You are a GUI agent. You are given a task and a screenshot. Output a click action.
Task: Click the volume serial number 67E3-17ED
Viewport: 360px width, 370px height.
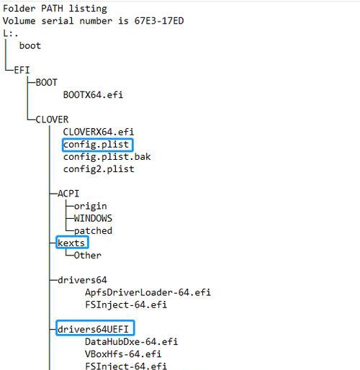(159, 21)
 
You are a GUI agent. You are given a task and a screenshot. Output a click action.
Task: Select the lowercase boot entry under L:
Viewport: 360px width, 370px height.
(30, 45)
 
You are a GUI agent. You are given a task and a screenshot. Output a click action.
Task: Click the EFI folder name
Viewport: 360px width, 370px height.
(22, 71)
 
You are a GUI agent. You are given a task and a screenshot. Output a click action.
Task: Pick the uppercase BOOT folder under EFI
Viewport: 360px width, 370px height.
(47, 83)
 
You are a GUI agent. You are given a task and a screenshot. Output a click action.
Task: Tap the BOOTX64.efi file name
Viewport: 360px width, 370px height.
(93, 95)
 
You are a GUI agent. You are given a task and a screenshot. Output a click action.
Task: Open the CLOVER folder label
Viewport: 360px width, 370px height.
(52, 119)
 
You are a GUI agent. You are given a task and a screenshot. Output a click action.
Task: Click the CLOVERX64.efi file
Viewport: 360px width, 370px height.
(99, 132)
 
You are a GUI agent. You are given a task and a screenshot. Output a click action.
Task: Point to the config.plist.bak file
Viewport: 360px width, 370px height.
(107, 157)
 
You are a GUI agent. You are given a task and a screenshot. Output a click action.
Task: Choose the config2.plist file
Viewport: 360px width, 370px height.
(99, 169)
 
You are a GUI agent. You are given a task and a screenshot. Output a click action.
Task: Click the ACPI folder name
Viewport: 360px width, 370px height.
(68, 194)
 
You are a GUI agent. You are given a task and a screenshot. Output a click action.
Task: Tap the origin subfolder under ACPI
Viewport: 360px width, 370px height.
(91, 206)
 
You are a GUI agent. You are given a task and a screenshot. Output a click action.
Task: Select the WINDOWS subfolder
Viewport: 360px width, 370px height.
(93, 218)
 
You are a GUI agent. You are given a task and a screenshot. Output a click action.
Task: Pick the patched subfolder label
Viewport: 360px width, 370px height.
(93, 231)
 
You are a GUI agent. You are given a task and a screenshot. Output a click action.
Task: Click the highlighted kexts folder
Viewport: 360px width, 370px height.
(71, 243)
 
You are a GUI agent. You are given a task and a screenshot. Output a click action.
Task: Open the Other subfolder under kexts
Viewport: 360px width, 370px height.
(88, 256)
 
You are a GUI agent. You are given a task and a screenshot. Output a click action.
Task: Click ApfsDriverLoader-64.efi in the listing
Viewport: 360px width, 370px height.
(148, 292)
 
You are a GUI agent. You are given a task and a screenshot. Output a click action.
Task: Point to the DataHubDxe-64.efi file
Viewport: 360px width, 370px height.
(132, 342)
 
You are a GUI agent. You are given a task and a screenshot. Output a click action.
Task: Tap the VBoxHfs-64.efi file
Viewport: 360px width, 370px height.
(123, 354)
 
